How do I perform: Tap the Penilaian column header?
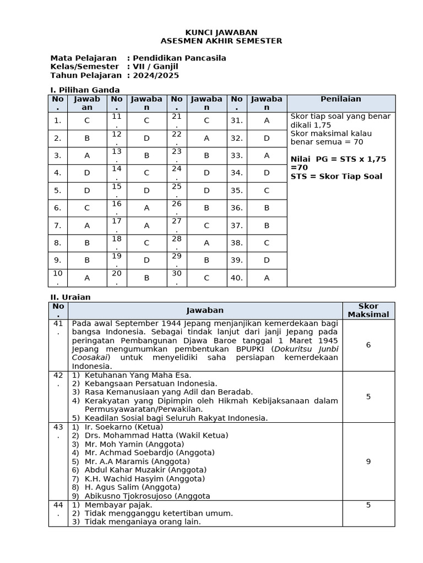point(341,99)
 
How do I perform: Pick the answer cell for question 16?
point(147,208)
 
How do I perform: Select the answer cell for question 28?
point(207,243)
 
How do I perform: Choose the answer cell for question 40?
point(267,278)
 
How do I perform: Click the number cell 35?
point(237,191)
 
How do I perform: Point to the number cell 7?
point(58,225)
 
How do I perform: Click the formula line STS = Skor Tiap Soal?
point(336,176)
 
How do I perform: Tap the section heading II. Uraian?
point(70,297)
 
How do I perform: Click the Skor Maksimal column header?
point(368,310)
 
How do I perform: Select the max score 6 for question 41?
point(368,345)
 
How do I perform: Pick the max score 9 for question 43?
point(368,461)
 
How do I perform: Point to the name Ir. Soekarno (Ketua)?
point(123,427)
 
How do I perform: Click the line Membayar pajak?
point(118,504)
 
